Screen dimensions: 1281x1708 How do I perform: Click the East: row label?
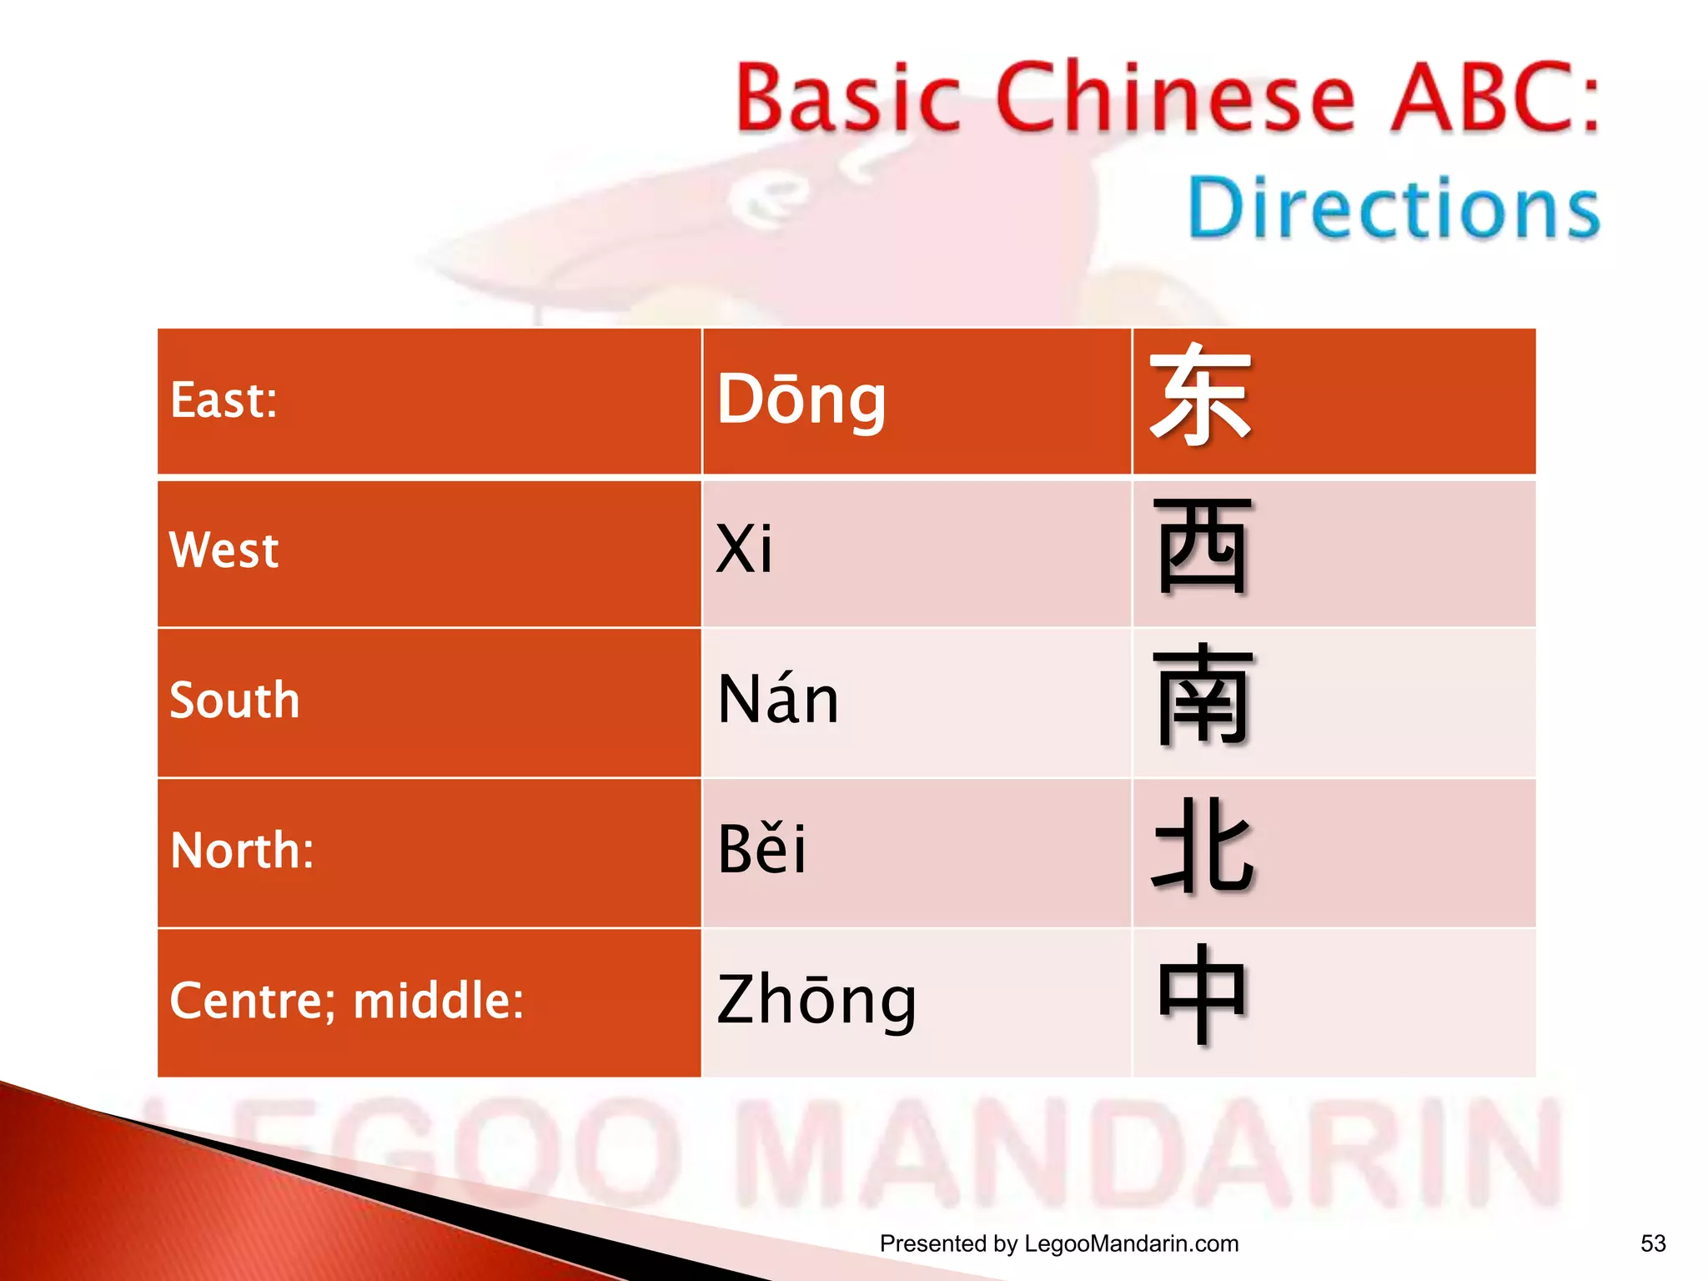224,400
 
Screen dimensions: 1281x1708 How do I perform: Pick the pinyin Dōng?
801,400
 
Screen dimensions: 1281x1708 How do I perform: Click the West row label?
224,550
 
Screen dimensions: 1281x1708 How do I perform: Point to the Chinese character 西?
1203,546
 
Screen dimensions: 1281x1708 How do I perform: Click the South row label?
234,700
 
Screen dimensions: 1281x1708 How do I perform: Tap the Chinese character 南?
1203,695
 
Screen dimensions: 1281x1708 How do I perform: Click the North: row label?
242,850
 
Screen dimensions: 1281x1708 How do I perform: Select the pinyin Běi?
761,848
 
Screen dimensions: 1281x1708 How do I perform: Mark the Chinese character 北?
1203,846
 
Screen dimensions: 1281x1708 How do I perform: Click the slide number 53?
1653,1243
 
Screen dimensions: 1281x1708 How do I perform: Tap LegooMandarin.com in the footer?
1131,1243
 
